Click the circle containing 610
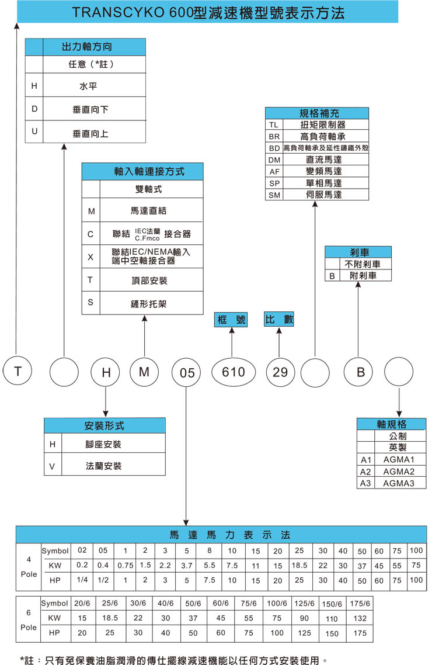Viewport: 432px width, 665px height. click(x=234, y=372)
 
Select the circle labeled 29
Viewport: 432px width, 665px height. click(x=280, y=372)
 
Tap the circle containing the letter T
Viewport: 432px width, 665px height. click(x=18, y=370)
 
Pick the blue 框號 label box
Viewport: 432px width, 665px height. click(x=232, y=320)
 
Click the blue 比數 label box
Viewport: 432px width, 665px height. click(x=279, y=320)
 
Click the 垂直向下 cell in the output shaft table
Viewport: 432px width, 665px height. click(x=90, y=109)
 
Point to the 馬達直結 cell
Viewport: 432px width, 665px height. click(x=152, y=210)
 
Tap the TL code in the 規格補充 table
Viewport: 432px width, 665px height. click(x=274, y=125)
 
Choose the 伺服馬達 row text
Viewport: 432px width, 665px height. click(x=325, y=195)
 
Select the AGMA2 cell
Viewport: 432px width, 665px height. click(x=399, y=472)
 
